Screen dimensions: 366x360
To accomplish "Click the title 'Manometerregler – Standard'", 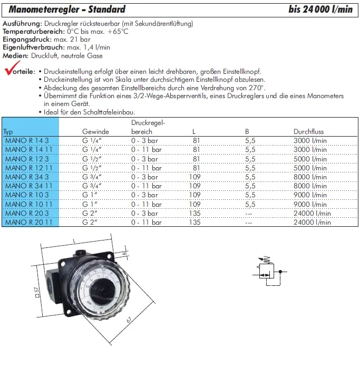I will (x=67, y=9).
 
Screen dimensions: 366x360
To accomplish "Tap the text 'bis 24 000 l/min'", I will (x=320, y=9).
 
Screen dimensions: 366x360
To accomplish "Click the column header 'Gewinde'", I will (x=95, y=132).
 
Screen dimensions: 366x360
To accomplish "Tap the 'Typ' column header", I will (x=8, y=132).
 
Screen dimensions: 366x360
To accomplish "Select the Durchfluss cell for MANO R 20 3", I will (x=312, y=213).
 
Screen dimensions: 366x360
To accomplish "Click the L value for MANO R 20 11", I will (x=195, y=222).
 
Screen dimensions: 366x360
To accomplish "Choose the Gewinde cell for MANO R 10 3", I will (x=91, y=195).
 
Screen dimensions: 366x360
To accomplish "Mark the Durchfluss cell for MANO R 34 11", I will (x=310, y=186).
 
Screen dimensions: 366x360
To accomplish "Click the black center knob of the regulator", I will (x=105, y=290).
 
